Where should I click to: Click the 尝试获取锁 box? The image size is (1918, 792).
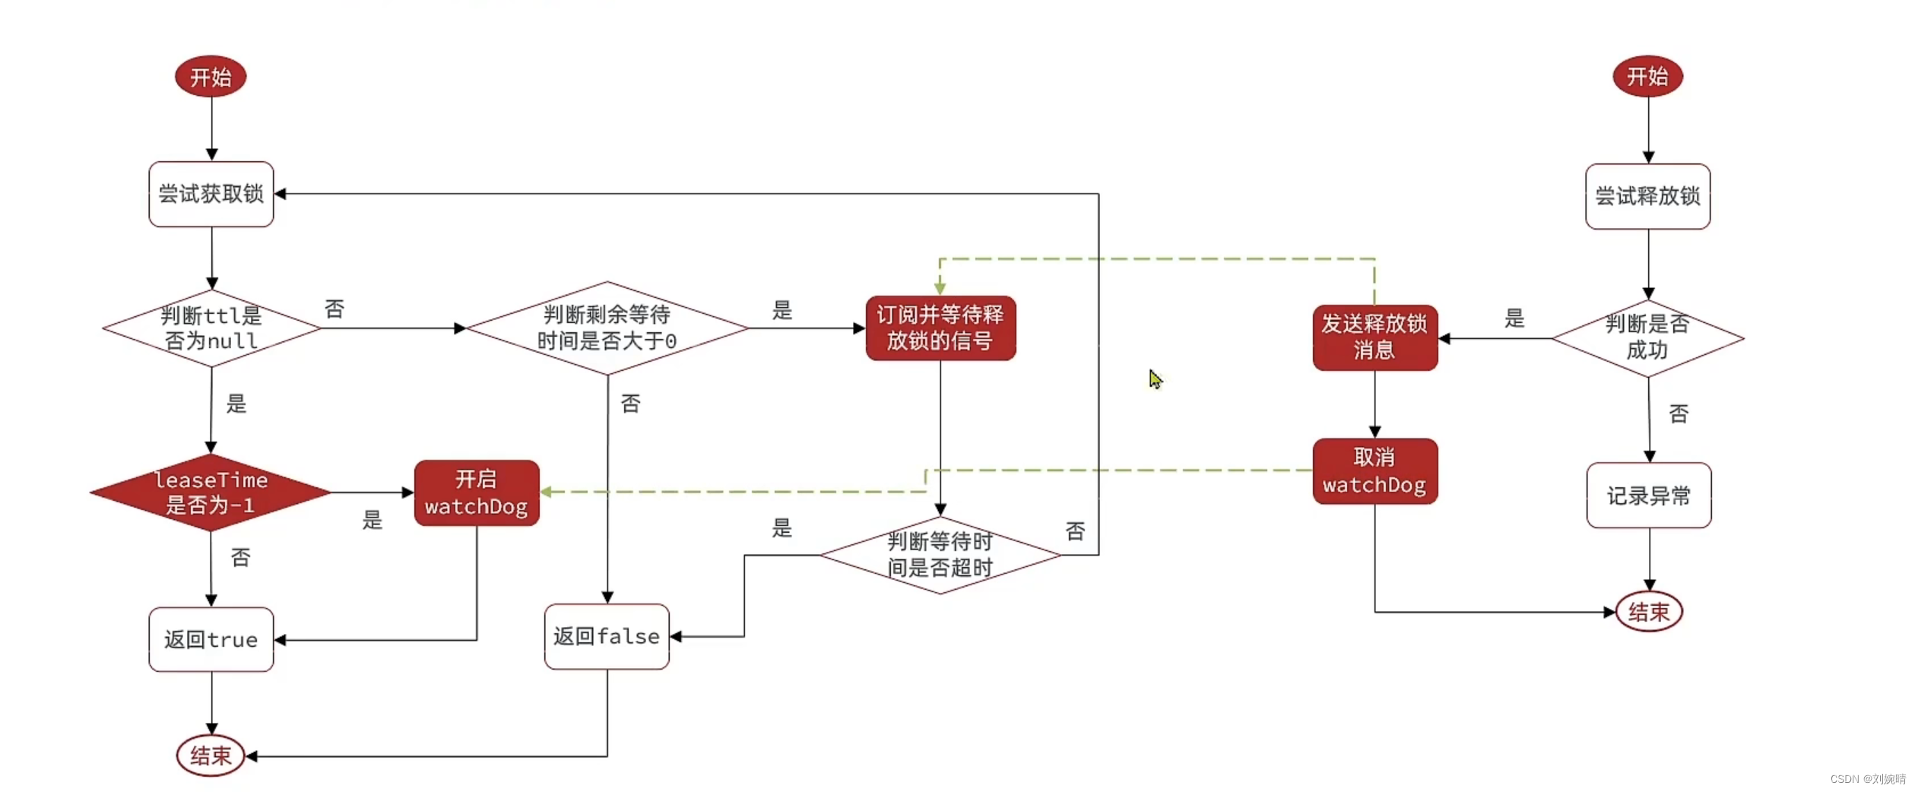(211, 194)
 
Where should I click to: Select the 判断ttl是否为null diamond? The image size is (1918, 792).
(211, 328)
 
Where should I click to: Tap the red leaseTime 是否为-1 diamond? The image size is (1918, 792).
(211, 493)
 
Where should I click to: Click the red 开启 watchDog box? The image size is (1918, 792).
(476, 493)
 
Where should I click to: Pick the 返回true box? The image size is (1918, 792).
(211, 639)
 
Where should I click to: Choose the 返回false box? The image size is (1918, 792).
(606, 636)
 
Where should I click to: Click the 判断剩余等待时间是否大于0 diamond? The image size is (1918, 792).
(607, 328)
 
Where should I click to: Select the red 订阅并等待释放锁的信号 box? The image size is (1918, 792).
(940, 328)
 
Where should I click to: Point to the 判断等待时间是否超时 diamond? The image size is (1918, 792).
(940, 555)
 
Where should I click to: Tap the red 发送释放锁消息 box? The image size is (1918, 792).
(1374, 337)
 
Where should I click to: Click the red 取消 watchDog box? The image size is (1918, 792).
(1374, 471)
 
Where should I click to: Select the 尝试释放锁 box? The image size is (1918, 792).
(1647, 196)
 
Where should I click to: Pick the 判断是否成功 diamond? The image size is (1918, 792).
(1647, 337)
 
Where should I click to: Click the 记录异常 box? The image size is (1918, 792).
(1648, 496)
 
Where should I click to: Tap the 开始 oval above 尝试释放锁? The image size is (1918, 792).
(1647, 76)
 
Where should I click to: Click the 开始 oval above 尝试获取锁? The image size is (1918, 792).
(211, 76)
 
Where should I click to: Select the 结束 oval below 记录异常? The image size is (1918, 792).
(1648, 611)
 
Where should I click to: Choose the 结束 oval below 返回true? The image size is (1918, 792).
(211, 756)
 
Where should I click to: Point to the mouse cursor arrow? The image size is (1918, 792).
(1155, 379)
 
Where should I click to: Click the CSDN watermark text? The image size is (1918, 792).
(1867, 779)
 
